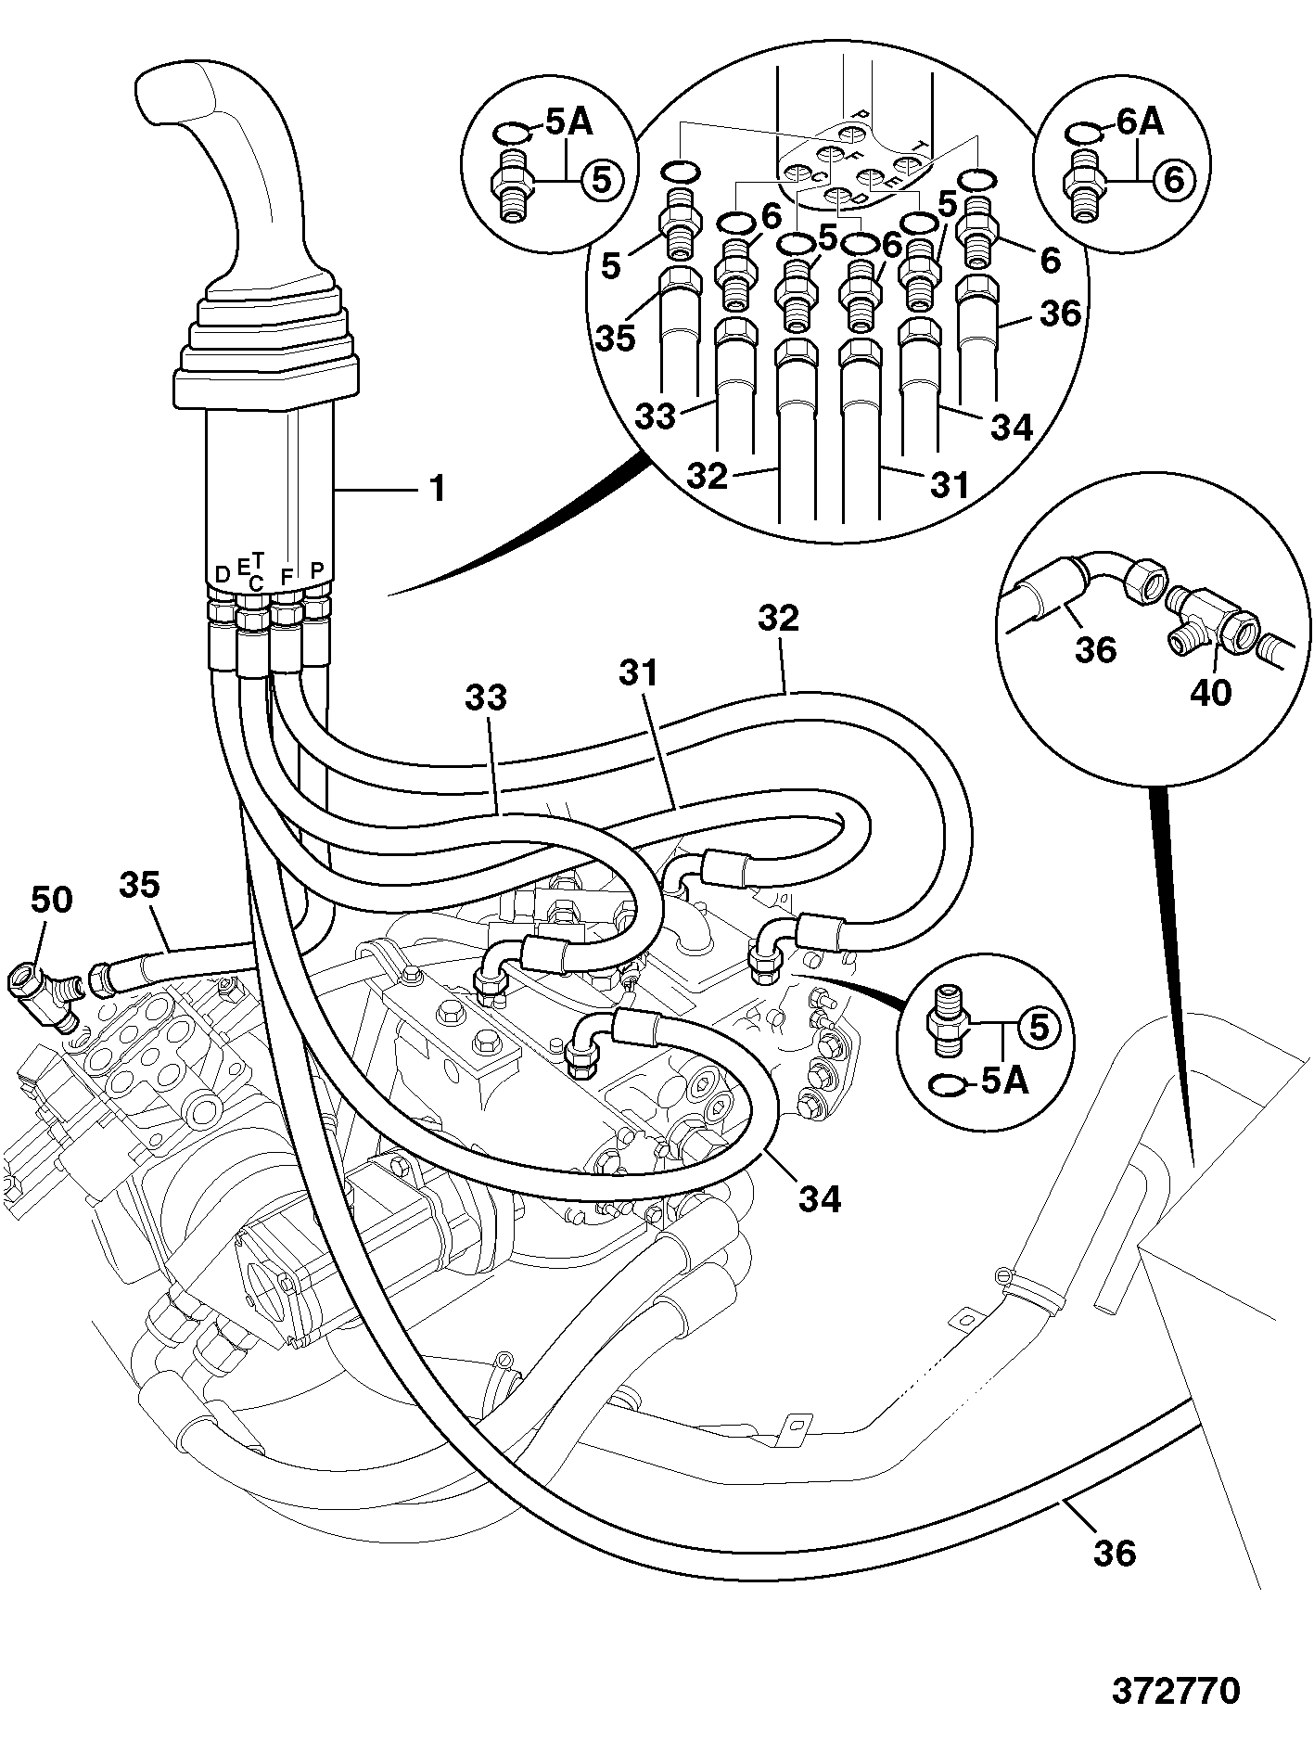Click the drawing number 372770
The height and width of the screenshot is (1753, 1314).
pos(1175,1690)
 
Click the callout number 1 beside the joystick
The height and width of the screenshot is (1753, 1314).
pos(436,489)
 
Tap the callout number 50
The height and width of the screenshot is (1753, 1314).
pos(51,898)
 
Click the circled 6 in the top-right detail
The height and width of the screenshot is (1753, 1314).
pos(1173,179)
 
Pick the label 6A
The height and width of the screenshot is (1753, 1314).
pos(1140,122)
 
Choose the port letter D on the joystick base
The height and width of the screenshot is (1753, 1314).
pos(222,575)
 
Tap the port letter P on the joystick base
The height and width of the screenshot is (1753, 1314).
pos(316,570)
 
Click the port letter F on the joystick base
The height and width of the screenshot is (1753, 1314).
pos(287,576)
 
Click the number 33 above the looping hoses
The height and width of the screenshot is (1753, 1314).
pos(486,697)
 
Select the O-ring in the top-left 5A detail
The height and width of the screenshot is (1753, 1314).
pos(510,134)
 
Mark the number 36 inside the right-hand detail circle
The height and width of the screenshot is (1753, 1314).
pos(1095,649)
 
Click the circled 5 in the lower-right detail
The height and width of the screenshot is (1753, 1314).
pos(1038,1027)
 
